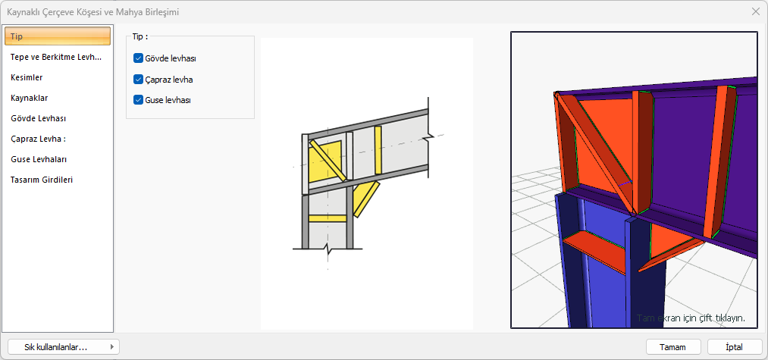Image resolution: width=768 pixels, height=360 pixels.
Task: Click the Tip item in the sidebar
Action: (x=58, y=36)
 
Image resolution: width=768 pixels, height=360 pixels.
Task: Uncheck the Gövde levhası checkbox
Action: (x=138, y=58)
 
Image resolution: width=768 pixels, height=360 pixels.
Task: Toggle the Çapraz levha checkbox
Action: (x=138, y=80)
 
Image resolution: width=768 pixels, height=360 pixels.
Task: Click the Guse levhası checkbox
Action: (x=138, y=100)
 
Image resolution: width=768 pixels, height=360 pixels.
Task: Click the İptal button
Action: (x=734, y=347)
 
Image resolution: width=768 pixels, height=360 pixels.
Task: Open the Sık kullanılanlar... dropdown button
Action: (x=64, y=347)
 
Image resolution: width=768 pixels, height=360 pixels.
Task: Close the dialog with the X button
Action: (x=756, y=12)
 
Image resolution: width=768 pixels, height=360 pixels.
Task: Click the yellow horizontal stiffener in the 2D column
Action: (x=328, y=218)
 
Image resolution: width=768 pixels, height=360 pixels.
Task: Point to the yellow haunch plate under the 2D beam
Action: (x=365, y=199)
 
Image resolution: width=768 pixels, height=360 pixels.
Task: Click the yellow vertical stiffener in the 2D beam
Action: (x=378, y=150)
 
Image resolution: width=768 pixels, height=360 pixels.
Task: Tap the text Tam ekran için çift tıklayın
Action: (x=691, y=318)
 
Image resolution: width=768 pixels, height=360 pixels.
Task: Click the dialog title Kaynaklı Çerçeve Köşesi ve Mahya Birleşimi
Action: (x=92, y=12)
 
